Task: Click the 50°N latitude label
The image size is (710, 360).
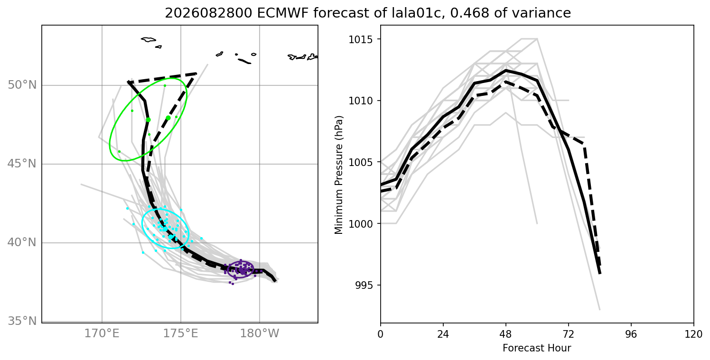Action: coord(22,85)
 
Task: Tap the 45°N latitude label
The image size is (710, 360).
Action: coord(22,164)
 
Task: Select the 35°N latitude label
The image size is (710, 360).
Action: coord(22,321)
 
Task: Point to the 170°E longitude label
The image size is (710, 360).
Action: coord(102,333)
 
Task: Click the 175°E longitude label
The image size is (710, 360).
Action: coord(181,333)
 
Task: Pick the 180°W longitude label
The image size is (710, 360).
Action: coord(260,333)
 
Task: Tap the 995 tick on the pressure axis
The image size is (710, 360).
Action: coord(364,285)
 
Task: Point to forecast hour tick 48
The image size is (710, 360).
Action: coord(505,334)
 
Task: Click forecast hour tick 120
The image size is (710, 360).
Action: coord(694,334)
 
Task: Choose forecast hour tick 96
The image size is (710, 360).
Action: coord(631,334)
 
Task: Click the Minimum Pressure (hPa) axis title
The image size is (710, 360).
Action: coord(338,175)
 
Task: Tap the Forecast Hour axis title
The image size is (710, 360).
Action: coord(537,348)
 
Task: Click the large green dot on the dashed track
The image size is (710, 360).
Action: coord(168,118)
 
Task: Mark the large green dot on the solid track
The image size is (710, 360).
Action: coord(148,120)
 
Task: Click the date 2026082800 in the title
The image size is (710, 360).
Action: coord(209,13)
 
